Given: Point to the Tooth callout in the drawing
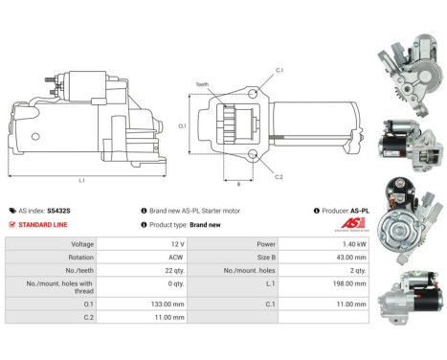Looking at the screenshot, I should [x=202, y=83].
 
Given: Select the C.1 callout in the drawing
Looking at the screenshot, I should [x=280, y=72].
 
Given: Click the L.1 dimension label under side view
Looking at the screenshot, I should [x=81, y=180].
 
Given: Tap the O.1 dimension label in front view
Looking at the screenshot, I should [x=183, y=124].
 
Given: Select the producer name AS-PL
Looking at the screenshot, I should [x=359, y=210].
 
